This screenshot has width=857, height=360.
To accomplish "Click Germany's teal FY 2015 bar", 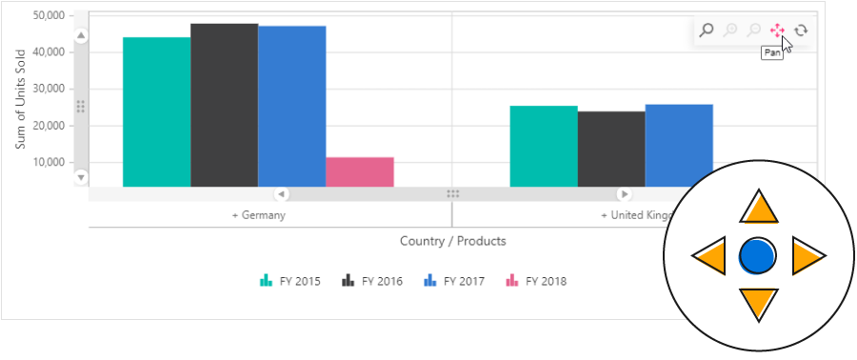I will coord(156,111).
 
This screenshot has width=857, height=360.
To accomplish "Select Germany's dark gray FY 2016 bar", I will coord(224,105).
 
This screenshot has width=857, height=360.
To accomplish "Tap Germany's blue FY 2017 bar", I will coord(291,106).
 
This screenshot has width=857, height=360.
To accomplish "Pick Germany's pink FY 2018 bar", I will coord(359,171).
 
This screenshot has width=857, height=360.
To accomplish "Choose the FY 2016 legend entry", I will coord(372,281).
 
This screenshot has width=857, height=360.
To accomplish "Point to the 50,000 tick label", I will coord(48,16).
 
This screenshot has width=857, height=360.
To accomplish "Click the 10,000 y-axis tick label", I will coord(48,163).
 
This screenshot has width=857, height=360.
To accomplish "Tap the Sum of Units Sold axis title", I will coord(20,97).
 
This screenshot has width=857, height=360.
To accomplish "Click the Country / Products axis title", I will coord(452,241).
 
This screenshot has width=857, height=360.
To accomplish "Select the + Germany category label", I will coord(259,215).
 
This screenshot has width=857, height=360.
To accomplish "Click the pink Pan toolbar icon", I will coord(777,30).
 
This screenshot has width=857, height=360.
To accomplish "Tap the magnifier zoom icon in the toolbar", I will coord(707,30).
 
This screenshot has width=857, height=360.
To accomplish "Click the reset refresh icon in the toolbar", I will coord(801,30).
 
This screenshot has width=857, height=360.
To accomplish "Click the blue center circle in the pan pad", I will coord(758,255).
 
